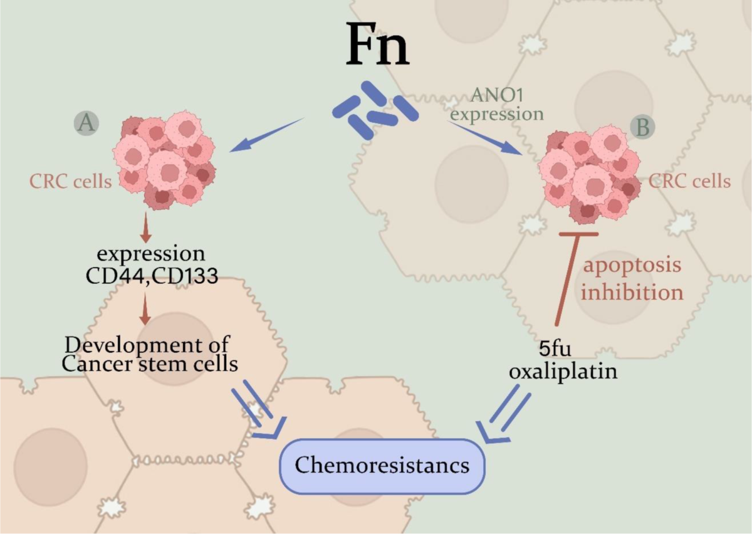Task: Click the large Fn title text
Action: point(377,45)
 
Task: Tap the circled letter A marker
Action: point(86,123)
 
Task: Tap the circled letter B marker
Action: point(642,128)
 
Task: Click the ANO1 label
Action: point(497,96)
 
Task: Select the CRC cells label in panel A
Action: point(70,182)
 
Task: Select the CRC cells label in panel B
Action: point(689,182)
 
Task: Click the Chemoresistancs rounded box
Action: point(383,466)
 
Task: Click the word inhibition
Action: point(632,292)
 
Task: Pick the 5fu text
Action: point(555,349)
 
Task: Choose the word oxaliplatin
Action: point(563,372)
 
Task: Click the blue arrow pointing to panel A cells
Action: point(267,135)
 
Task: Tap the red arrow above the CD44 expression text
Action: point(145,227)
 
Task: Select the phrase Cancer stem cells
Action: point(150,364)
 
